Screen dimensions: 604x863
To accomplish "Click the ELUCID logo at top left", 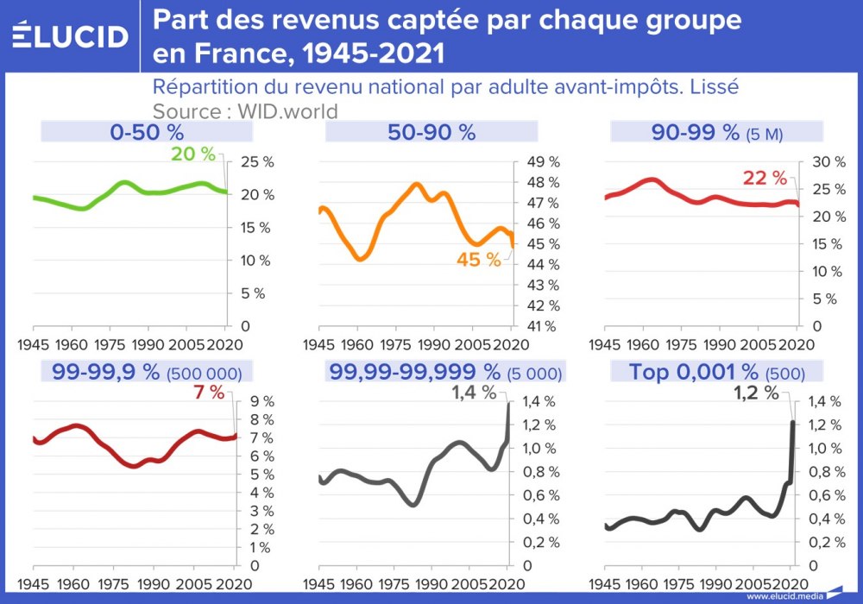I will (71, 36).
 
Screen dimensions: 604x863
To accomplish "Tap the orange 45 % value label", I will (478, 260).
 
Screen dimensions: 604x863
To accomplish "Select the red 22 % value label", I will (765, 179).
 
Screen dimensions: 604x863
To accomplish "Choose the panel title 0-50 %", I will (147, 132).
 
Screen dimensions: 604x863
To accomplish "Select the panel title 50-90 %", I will (431, 132).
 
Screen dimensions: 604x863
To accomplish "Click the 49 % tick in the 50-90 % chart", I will (543, 162).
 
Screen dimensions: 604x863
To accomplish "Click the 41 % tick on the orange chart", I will (543, 326).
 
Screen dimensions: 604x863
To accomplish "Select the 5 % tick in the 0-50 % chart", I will (252, 293).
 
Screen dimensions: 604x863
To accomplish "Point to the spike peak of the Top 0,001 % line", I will (792, 422).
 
